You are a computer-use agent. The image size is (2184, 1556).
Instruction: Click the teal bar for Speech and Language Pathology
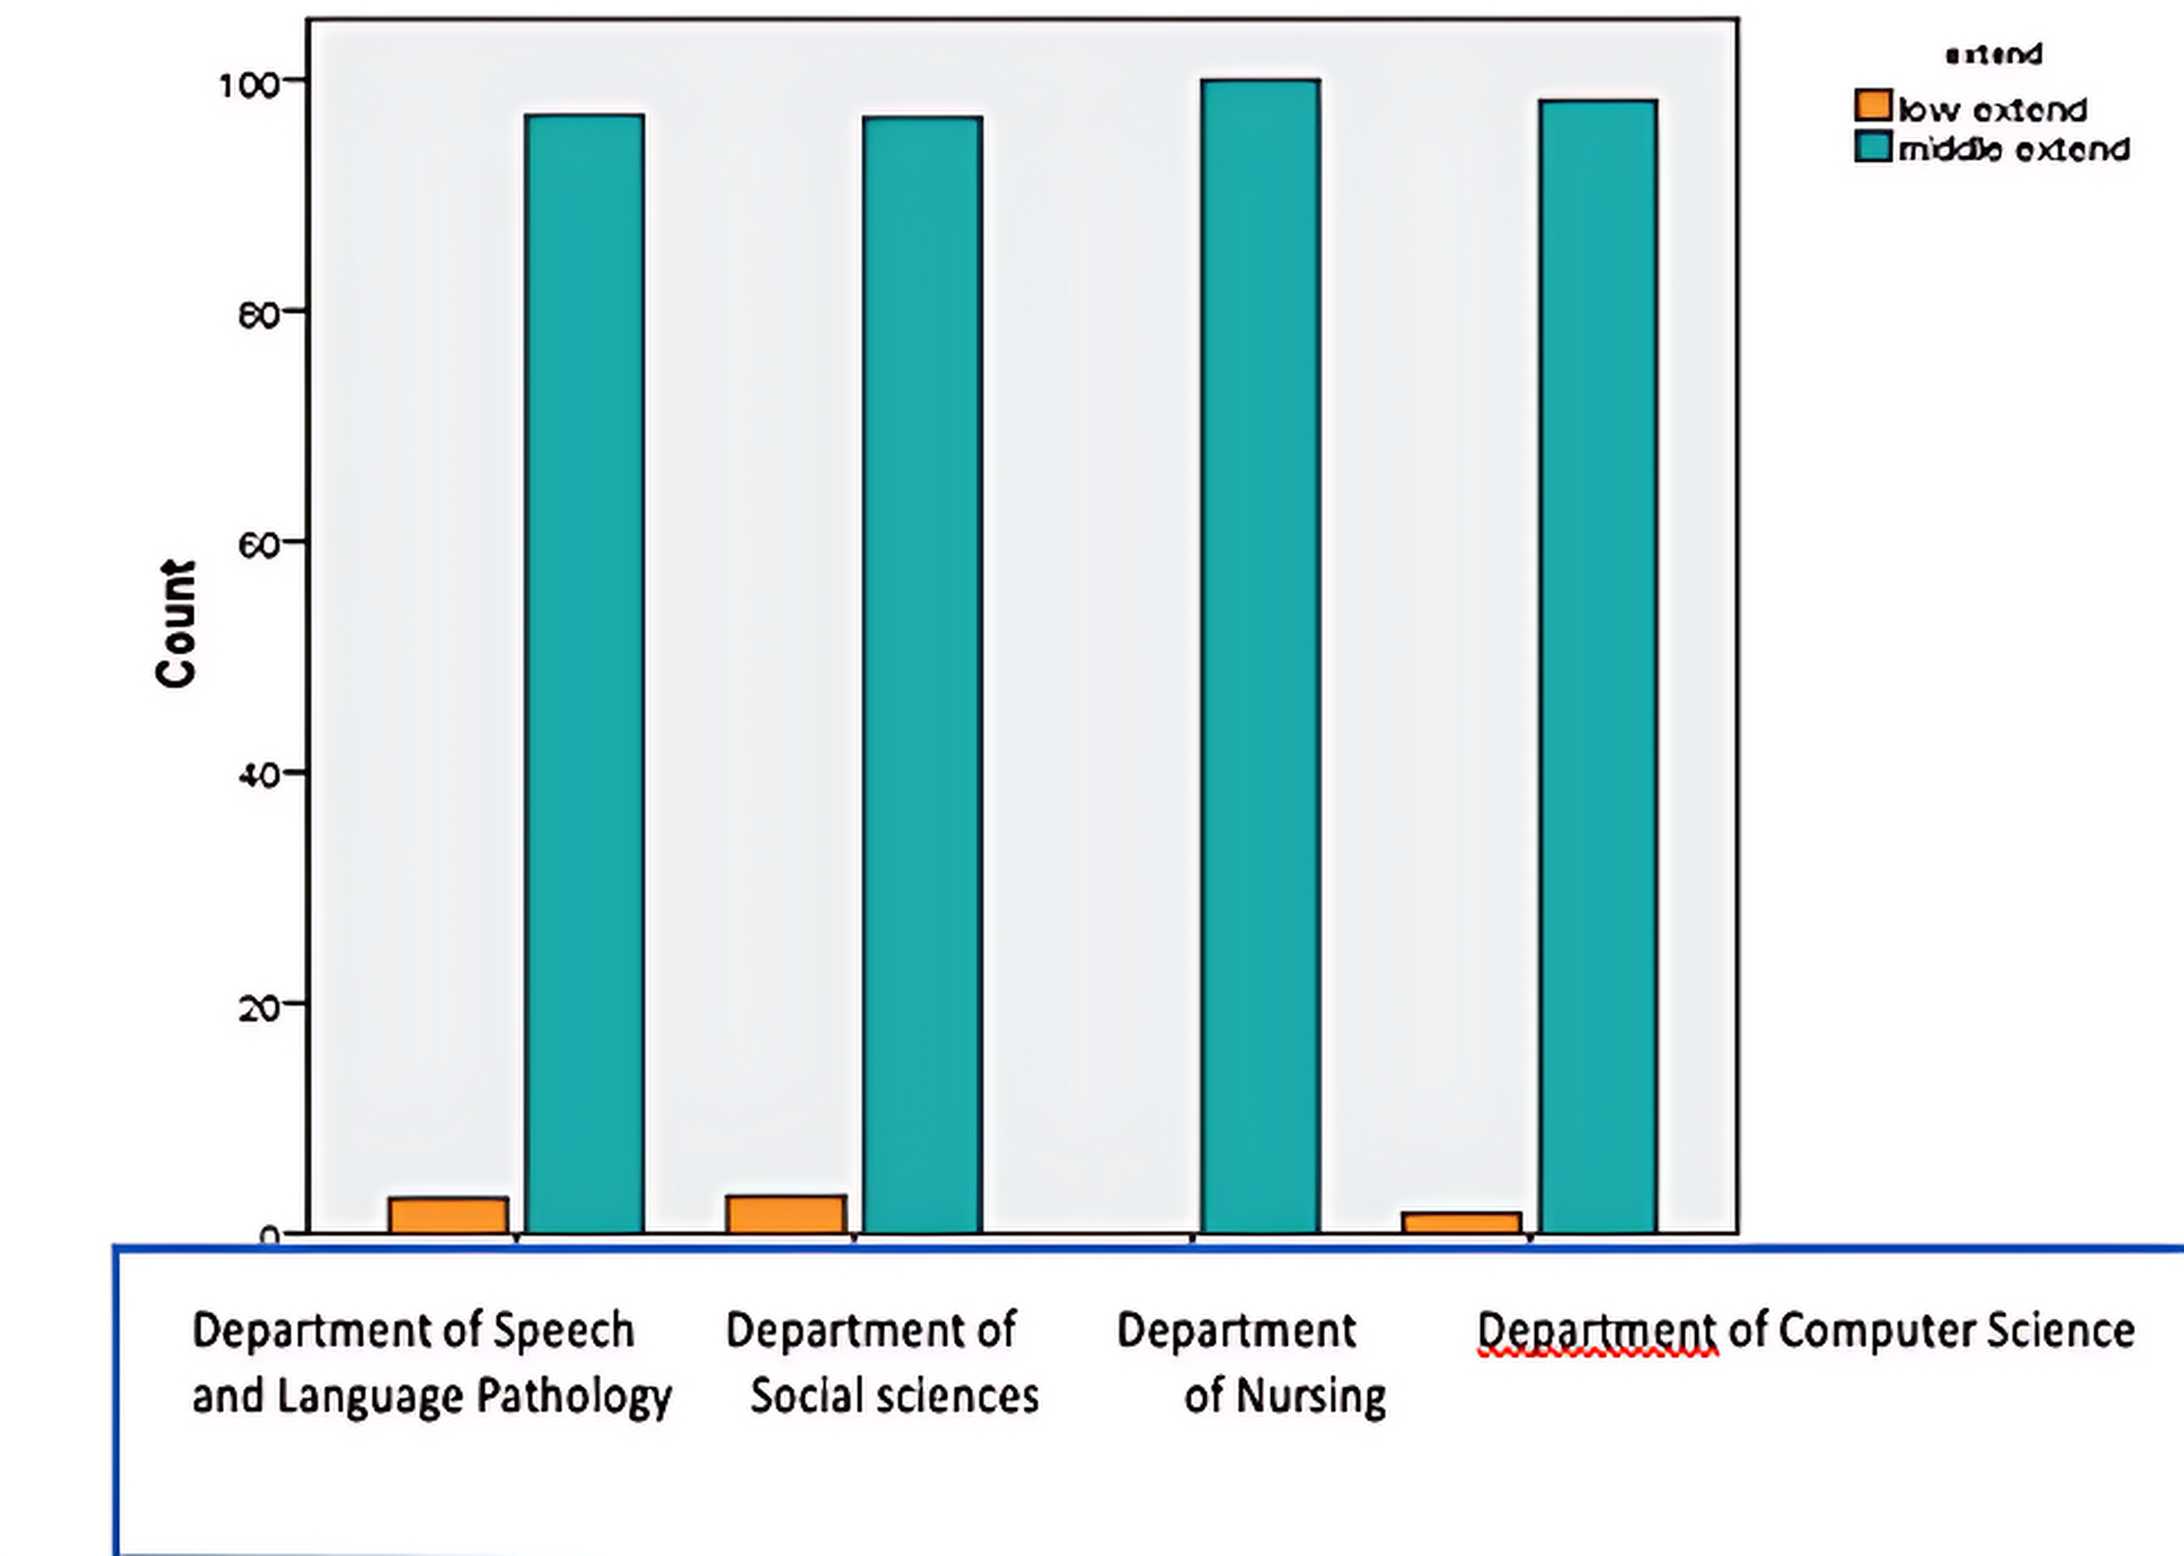pos(585,671)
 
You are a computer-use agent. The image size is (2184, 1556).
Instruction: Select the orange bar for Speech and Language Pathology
pos(449,1215)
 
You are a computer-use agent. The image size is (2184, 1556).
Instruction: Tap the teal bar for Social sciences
pos(922,671)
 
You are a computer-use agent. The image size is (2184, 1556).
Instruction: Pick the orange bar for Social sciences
pos(786,1214)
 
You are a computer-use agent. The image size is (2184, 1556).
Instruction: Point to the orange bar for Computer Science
pos(1461,1222)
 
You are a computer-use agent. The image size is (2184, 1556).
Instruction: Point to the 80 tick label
pos(259,314)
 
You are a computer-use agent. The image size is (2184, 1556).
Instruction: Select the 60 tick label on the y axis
pos(259,545)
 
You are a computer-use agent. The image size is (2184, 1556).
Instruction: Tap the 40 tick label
pos(259,774)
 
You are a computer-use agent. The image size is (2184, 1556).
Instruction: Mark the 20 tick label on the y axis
pos(259,1007)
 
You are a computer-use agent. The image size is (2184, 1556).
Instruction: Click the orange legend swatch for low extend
pos(1873,106)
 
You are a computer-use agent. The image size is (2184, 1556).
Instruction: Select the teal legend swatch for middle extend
pos(1873,148)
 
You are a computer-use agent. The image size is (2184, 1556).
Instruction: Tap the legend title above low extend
pos(1994,55)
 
